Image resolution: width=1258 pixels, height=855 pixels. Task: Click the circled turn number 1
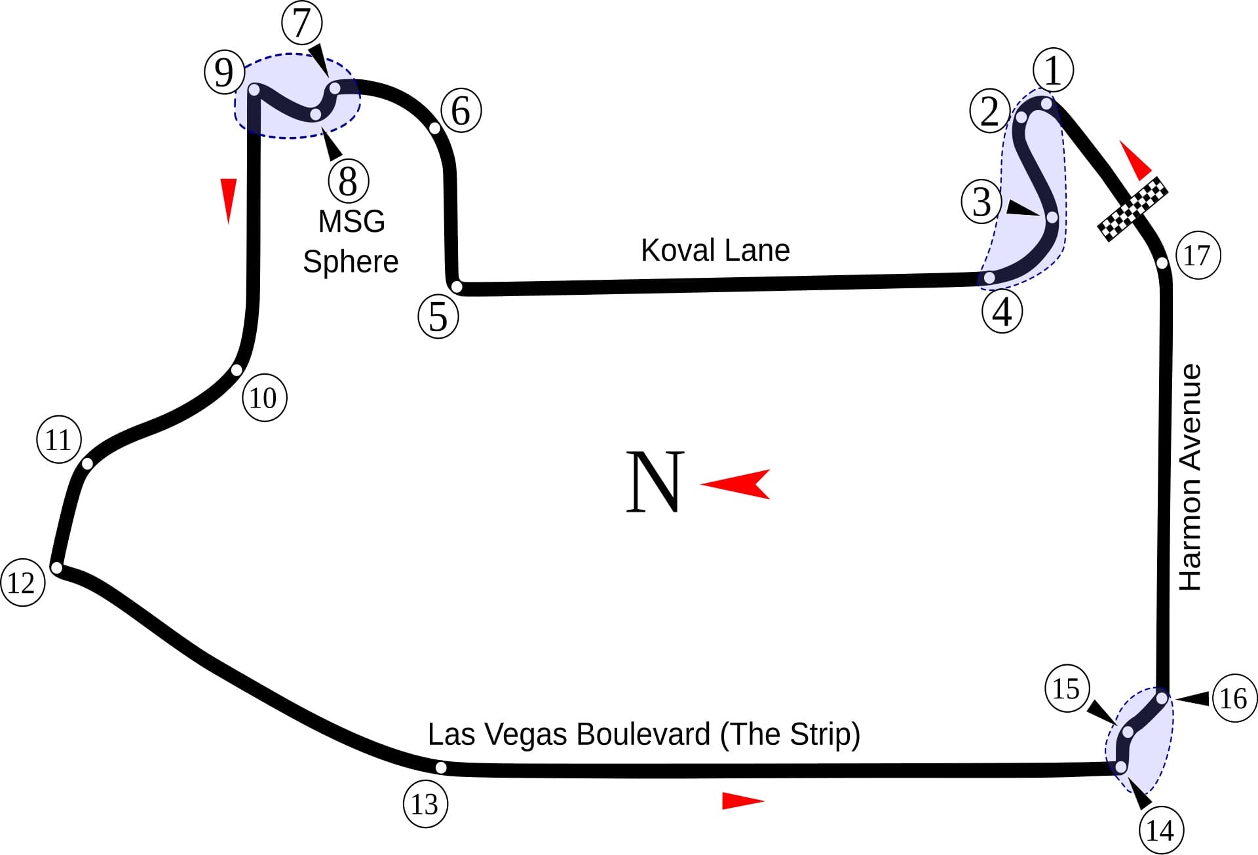click(x=1053, y=69)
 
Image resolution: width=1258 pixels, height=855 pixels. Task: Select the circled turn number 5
click(x=438, y=317)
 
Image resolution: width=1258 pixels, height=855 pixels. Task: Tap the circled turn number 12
click(x=23, y=583)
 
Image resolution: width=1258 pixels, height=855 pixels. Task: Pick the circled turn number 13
click(x=425, y=804)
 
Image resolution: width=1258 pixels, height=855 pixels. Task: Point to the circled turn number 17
click(x=1198, y=256)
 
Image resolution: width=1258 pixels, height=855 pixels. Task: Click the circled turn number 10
click(x=264, y=398)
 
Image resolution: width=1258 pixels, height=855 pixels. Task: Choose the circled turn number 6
click(x=461, y=111)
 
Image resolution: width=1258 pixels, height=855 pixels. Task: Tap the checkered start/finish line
click(x=1133, y=208)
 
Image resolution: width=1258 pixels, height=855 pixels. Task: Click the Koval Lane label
click(x=715, y=250)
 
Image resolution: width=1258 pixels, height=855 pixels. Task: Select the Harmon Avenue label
click(x=1190, y=477)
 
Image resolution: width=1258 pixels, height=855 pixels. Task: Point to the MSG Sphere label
click(x=351, y=241)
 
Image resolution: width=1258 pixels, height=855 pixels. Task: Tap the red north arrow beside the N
click(x=735, y=484)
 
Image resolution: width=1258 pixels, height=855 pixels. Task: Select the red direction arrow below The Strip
click(x=743, y=801)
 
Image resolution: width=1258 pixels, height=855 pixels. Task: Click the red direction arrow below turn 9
click(x=228, y=201)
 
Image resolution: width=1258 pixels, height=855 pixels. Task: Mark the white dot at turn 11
click(x=88, y=464)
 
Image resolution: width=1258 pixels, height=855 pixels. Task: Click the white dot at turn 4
click(x=989, y=278)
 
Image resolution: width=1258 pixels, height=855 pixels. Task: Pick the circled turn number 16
click(x=1234, y=699)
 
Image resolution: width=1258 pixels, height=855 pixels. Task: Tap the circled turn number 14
click(x=1160, y=831)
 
